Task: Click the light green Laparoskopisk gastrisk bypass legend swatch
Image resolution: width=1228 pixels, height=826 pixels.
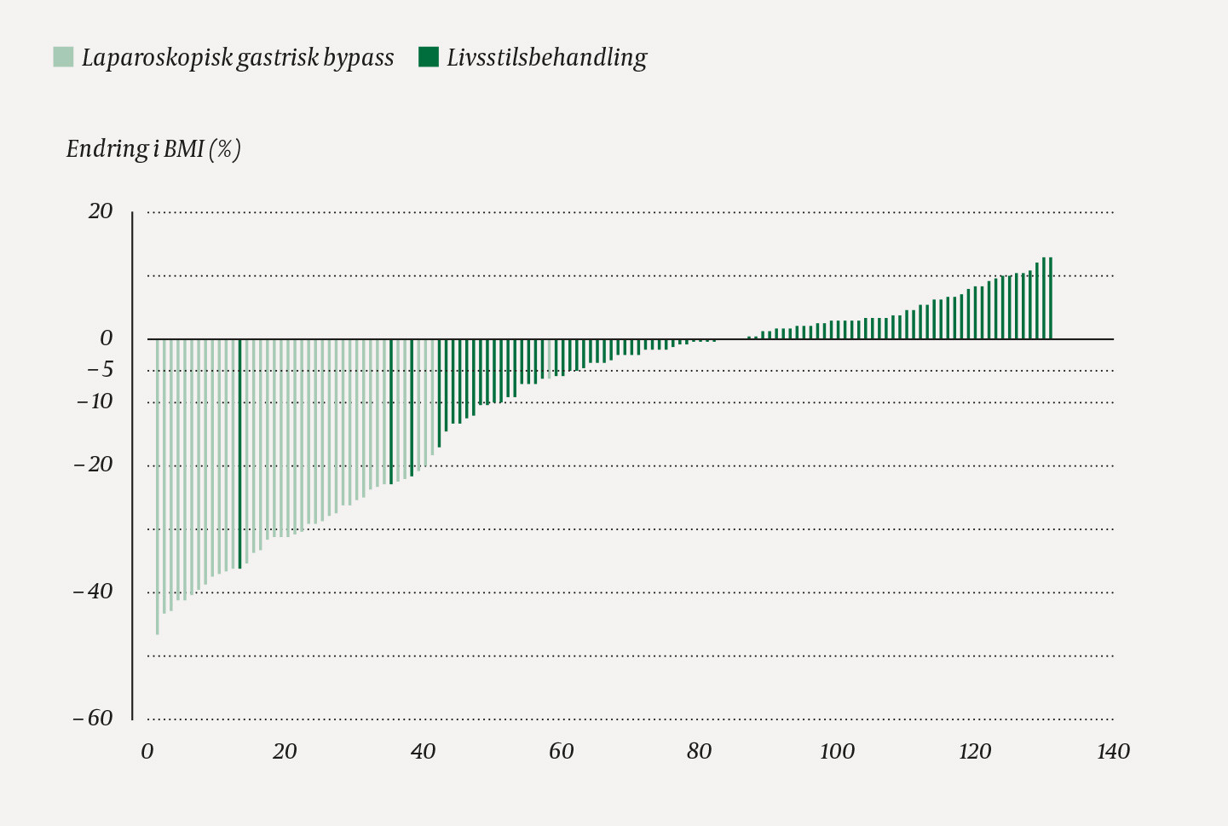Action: click(63, 57)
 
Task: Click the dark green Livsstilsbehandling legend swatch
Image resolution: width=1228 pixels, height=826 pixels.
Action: click(429, 57)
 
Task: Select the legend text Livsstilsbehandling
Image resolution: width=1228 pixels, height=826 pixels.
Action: click(546, 57)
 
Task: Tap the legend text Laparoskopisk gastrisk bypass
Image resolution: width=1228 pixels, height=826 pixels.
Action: click(238, 57)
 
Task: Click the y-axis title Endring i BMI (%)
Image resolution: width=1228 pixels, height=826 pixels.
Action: click(153, 149)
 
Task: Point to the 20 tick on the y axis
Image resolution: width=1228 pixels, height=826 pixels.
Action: click(101, 211)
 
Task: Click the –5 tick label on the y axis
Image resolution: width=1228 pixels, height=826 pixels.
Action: click(100, 370)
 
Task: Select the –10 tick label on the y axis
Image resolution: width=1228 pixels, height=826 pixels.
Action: click(95, 401)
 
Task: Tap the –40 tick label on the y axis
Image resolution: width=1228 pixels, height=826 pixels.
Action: click(93, 592)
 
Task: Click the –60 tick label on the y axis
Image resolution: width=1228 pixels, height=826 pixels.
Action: click(93, 718)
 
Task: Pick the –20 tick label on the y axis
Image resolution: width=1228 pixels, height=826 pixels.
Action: click(93, 465)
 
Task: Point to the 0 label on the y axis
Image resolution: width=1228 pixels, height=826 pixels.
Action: click(106, 338)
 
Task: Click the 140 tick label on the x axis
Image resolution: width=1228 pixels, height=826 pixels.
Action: click(1113, 751)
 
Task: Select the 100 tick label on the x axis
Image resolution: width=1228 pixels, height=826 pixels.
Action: click(837, 751)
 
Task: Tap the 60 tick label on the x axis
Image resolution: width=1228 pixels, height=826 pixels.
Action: click(561, 751)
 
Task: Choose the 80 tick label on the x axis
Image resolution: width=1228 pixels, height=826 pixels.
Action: click(699, 751)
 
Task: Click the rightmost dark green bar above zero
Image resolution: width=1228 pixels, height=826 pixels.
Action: click(1051, 298)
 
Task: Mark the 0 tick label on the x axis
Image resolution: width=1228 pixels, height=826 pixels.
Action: click(147, 751)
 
